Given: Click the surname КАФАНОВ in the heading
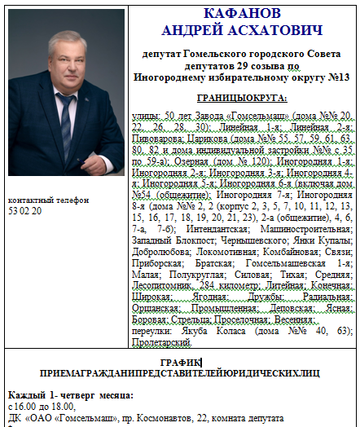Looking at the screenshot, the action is [243, 14].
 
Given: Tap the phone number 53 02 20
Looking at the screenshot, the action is [24, 211].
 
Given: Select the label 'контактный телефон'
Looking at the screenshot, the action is [42, 200].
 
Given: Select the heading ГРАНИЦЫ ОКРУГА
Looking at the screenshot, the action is [243, 98].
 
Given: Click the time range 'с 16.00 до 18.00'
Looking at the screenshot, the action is [40, 406].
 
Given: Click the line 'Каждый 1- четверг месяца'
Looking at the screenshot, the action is [70, 395].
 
